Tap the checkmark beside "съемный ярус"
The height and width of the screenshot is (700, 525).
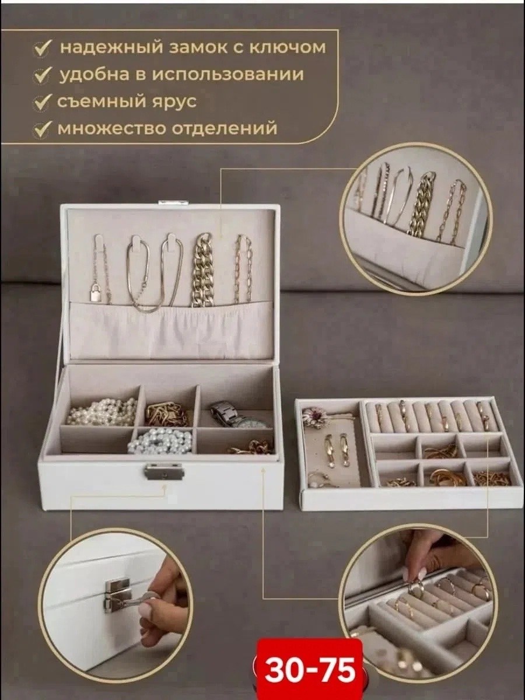click(x=44, y=102)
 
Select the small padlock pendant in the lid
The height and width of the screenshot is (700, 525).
click(x=95, y=295)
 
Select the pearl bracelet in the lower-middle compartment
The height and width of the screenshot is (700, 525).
click(x=160, y=441)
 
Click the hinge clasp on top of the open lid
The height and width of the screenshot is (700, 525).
click(x=174, y=203)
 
